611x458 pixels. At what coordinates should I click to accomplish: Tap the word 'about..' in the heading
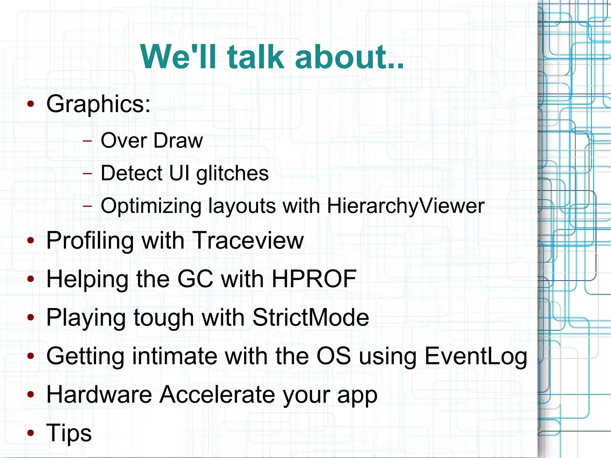point(349,57)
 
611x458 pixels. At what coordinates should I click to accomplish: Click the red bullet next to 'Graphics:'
point(30,104)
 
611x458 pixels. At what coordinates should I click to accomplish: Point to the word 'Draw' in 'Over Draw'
point(178,141)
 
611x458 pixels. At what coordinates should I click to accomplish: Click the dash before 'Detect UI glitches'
point(87,173)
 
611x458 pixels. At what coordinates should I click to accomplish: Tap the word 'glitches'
point(232,173)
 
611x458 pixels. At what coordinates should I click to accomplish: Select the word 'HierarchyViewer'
point(405,206)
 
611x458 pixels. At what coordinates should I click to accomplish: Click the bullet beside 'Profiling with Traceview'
point(30,241)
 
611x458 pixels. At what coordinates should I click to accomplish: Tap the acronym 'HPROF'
point(314,279)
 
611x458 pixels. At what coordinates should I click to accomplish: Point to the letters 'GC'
point(195,279)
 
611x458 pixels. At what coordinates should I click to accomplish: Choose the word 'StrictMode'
point(311,317)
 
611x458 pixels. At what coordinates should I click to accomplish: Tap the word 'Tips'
point(69,433)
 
